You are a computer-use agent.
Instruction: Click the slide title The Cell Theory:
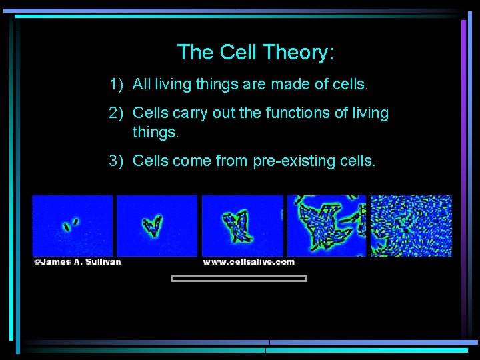255,52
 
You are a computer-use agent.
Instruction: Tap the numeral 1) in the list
117,84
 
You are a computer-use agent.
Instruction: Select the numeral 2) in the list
117,113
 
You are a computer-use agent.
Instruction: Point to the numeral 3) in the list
117,160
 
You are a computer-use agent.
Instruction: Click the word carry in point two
191,113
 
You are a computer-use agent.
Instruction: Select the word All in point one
141,84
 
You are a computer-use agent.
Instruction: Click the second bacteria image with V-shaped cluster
157,225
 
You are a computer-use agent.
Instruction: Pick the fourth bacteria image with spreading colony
326,225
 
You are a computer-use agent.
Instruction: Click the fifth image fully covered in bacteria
411,225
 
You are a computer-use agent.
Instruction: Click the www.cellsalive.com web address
248,262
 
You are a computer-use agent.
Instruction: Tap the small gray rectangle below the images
239,279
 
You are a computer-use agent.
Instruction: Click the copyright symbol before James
37,262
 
